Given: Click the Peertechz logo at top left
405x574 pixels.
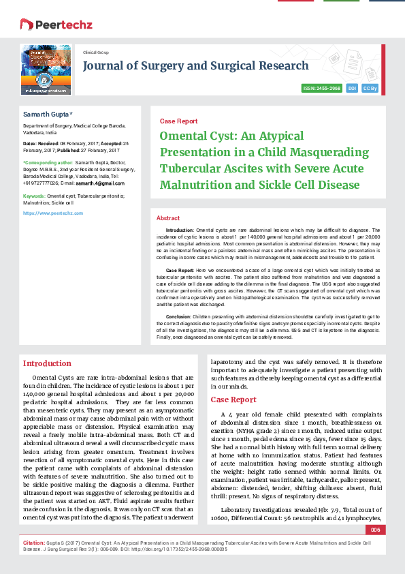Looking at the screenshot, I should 46,25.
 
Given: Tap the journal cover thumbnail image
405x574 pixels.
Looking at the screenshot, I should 46,69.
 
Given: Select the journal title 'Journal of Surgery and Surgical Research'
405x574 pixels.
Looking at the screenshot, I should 195,66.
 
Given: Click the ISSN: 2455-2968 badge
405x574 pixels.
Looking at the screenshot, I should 321,89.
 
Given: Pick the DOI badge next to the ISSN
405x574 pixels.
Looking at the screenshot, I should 352,89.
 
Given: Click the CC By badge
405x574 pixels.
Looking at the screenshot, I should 370,89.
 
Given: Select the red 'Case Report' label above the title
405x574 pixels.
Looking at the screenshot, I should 178,121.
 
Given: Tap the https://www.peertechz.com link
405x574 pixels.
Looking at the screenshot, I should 53,213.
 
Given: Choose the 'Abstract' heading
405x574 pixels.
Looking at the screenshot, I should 168,217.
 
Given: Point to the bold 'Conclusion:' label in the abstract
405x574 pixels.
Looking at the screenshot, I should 178,316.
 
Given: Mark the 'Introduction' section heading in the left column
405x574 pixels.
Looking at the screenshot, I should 47,363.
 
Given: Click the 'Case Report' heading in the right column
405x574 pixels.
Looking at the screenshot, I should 233,399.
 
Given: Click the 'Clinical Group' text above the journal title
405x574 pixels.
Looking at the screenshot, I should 95,52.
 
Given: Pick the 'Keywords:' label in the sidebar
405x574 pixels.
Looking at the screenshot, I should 35,196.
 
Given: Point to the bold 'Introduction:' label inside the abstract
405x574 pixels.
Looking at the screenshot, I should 180,231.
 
